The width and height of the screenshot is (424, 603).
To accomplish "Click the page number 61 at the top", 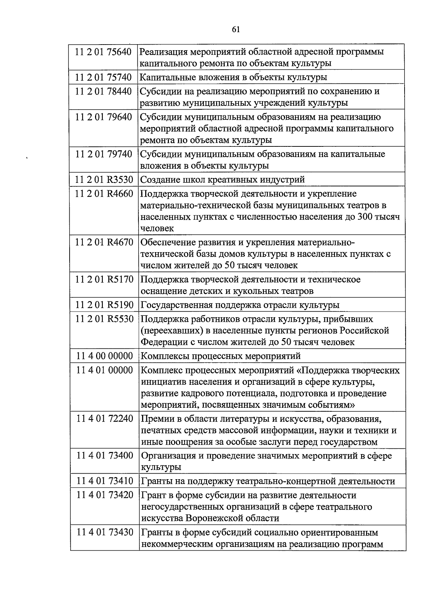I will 236,29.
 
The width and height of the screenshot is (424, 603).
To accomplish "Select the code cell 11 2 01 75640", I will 103,52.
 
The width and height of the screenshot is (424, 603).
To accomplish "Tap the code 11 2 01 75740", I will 103,77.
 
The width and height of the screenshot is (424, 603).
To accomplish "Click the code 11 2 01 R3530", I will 104,180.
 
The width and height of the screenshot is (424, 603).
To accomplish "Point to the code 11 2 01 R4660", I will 104,194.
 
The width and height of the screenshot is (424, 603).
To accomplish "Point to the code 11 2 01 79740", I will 103,154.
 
